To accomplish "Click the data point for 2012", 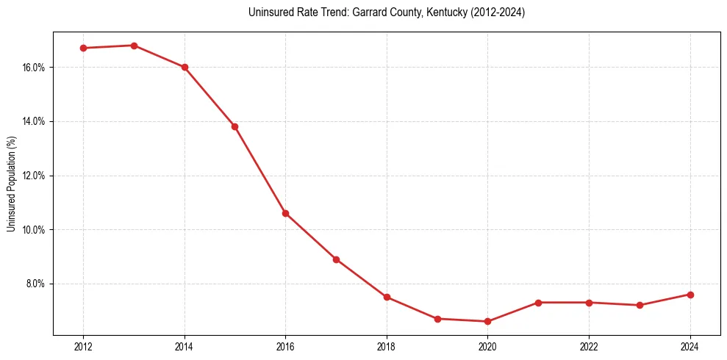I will click(x=83, y=48).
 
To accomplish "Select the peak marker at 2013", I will click(x=134, y=46).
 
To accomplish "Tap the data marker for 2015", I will click(x=234, y=126).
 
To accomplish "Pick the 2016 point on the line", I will click(x=285, y=213).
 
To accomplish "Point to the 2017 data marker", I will click(x=336, y=259).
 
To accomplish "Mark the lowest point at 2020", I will click(x=487, y=321).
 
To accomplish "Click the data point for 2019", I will click(x=437, y=319).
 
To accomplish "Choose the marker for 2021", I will click(x=538, y=303).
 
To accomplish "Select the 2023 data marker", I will click(x=640, y=305).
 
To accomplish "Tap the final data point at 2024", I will click(x=690, y=295).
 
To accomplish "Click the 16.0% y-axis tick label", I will click(x=34, y=68).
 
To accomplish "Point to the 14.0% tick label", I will click(x=34, y=121).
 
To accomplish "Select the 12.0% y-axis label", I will click(x=34, y=176).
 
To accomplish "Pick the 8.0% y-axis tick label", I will click(x=35, y=284).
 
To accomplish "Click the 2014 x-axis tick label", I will click(x=185, y=347).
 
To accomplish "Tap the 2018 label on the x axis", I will click(x=387, y=347).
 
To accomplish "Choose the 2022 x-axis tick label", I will click(x=589, y=347).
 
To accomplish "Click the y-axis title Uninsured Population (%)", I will click(x=12, y=183).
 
